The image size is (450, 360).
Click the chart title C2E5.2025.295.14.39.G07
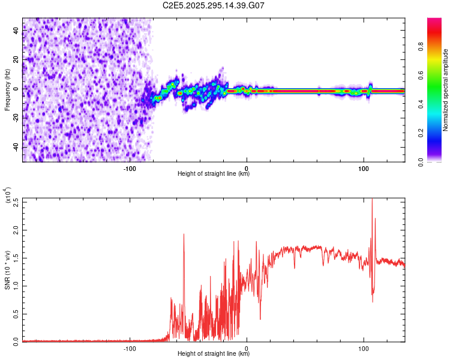[x=214, y=5]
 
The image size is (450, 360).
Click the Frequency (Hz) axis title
[x=7, y=90]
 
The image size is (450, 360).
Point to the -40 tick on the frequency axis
[x=16, y=148]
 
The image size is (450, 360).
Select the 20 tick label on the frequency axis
[x=16, y=59]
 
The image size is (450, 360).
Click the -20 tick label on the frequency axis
[x=16, y=118]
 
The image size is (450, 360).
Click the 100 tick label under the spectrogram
[x=363, y=167]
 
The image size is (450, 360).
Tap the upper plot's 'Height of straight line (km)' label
[x=214, y=174]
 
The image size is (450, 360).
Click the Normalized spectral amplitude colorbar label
[x=446, y=90]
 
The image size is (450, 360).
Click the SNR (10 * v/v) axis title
[x=7, y=270]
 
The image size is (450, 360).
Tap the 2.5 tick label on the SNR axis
[x=16, y=202]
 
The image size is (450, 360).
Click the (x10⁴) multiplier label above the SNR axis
[x=8, y=196]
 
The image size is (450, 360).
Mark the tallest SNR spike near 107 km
[x=372, y=200]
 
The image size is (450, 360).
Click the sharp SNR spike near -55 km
[x=184, y=235]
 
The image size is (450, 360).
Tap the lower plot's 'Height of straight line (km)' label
[x=214, y=354]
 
